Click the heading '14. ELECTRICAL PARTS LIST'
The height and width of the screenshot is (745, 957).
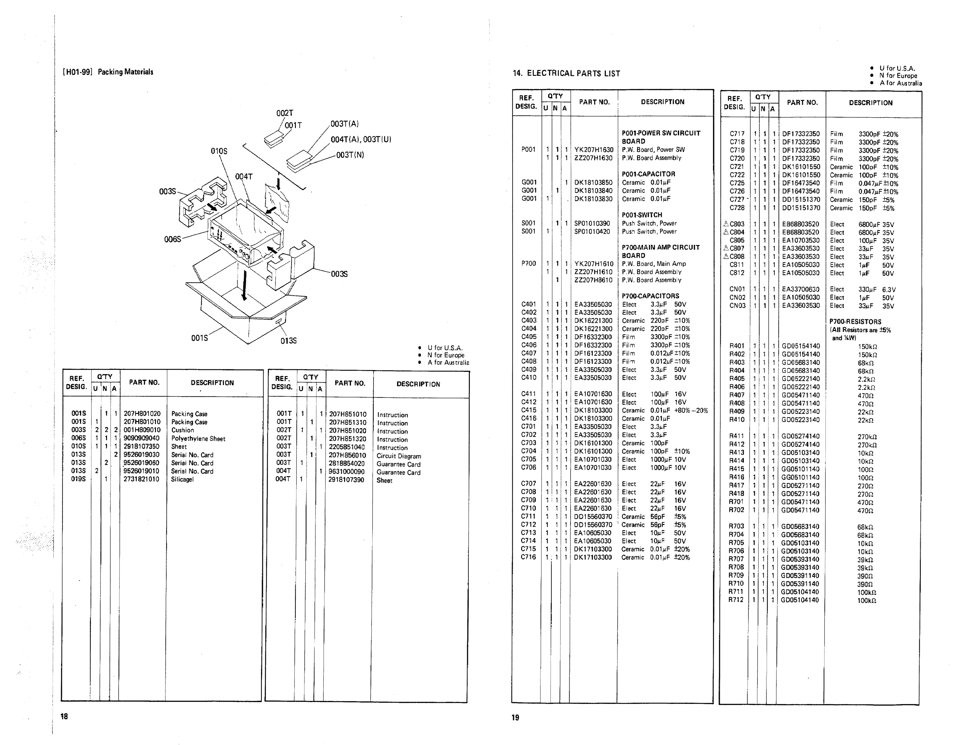[x=566, y=74]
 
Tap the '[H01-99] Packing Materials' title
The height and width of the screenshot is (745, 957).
[x=108, y=72]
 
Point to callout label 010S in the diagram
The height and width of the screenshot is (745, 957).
[x=219, y=151]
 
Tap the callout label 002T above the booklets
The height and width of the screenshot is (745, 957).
[x=284, y=113]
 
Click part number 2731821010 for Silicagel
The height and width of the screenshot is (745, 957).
[x=141, y=479]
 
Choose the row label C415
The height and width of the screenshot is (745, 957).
[x=529, y=410]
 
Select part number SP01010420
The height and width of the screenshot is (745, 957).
[x=592, y=231]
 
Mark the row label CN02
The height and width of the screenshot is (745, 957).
[x=737, y=297]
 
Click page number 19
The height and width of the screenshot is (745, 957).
[x=515, y=717]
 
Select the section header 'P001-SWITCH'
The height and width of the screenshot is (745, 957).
[x=642, y=215]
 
